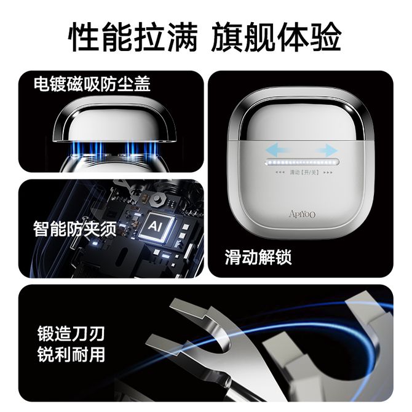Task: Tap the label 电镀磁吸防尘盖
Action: tap(92, 84)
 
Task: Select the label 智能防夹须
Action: tap(75, 229)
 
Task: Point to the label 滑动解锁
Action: tap(258, 256)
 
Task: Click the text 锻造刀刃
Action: tap(71, 334)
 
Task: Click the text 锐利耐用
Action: tap(71, 354)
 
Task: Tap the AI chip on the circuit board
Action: tap(156, 226)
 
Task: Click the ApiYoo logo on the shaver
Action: tap(302, 214)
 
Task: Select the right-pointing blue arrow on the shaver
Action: tap(327, 151)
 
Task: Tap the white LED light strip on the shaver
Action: tap(302, 162)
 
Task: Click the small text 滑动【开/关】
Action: tap(304, 172)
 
